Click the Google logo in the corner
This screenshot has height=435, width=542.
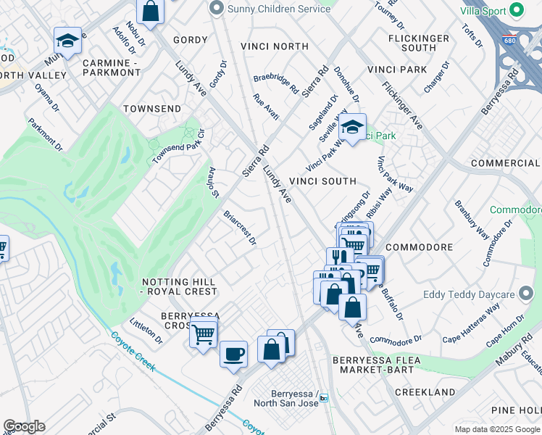(x=24, y=426)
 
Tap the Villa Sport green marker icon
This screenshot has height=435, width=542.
(x=517, y=10)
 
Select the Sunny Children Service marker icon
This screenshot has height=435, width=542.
(x=215, y=8)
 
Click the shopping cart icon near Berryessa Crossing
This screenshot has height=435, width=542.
(x=204, y=333)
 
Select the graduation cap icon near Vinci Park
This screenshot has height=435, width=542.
(x=352, y=127)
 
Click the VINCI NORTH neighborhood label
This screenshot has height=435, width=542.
(x=280, y=46)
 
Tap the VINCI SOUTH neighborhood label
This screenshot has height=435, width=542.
(x=322, y=181)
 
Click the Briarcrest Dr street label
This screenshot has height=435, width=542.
(x=241, y=228)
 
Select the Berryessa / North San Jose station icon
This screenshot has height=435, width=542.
(x=324, y=398)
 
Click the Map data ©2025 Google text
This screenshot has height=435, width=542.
(x=496, y=429)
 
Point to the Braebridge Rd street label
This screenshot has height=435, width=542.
(x=275, y=85)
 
